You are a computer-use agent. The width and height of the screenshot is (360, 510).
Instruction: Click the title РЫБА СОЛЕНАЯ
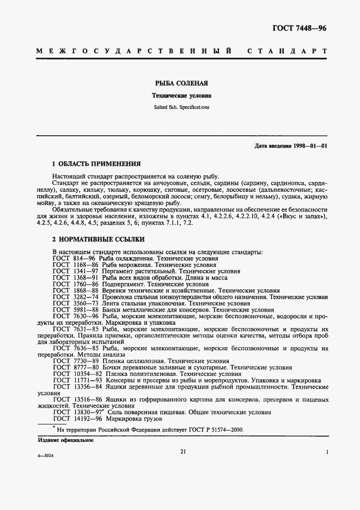point(180,84)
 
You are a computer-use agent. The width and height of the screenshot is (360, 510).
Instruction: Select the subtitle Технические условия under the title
point(180,95)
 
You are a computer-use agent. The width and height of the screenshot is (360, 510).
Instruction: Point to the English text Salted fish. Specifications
point(180,107)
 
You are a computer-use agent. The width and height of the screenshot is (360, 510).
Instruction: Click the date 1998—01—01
point(308,147)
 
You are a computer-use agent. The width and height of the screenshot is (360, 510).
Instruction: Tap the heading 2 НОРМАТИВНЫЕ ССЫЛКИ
point(98,239)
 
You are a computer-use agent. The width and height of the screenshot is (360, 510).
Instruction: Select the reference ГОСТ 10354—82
point(75,374)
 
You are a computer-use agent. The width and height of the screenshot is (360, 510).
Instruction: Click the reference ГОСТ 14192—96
point(75,419)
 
